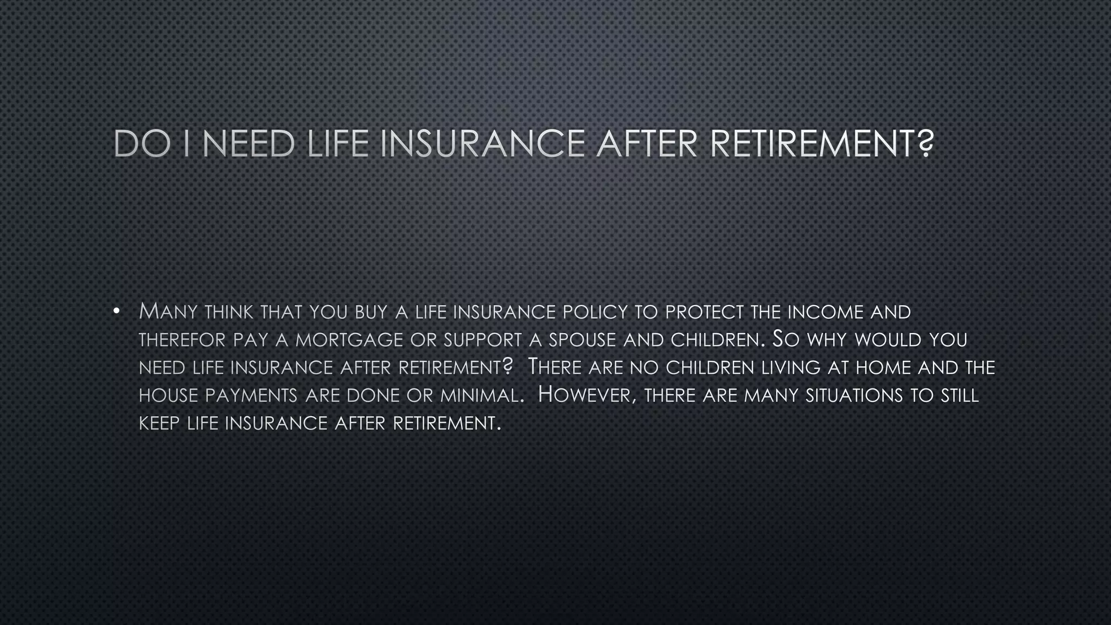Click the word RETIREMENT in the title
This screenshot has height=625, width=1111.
[x=821, y=144]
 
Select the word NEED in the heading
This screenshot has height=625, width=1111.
[x=248, y=144]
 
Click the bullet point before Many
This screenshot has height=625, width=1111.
[x=116, y=311]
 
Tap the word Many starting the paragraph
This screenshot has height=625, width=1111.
[x=165, y=312]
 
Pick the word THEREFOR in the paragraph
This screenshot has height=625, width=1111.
[x=182, y=340]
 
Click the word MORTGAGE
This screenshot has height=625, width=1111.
[x=349, y=340]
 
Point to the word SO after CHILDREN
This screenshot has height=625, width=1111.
[x=785, y=340]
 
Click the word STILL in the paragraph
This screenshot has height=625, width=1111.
[x=960, y=396]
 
